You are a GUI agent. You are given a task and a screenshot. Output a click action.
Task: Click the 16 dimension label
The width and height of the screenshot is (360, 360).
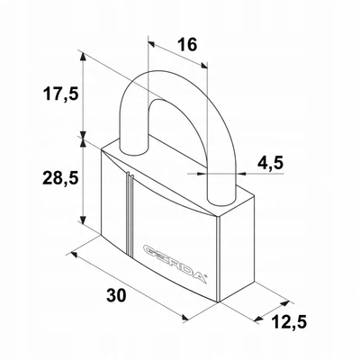[187, 45]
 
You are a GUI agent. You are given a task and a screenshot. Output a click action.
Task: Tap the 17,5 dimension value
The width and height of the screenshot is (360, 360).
[61, 94]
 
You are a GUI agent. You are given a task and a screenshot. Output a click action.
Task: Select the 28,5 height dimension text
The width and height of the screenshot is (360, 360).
[61, 179]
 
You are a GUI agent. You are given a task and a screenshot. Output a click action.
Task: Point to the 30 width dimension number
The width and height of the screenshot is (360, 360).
[117, 296]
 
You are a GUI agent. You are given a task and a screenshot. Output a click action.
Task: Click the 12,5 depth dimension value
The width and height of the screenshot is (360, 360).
[289, 322]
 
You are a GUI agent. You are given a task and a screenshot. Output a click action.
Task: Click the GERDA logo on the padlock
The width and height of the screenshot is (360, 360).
[175, 263]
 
